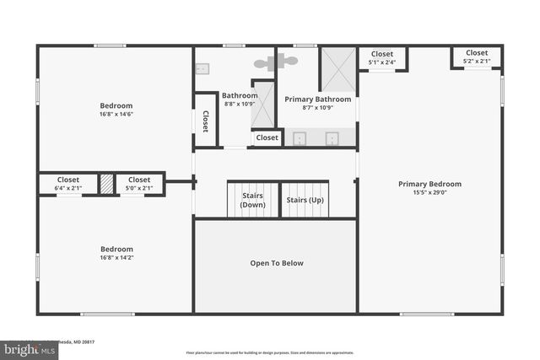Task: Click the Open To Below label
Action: pyautogui.click(x=276, y=263)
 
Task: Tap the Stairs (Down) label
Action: pyautogui.click(x=252, y=201)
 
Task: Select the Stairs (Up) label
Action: pyautogui.click(x=305, y=201)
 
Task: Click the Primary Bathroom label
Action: pyautogui.click(x=317, y=99)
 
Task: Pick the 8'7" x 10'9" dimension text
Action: pyautogui.click(x=317, y=108)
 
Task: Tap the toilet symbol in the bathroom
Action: pyautogui.click(x=276, y=62)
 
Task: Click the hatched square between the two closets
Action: pyautogui.click(x=106, y=184)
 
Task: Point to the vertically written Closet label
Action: pyautogui.click(x=205, y=122)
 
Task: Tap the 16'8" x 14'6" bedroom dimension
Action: pyautogui.click(x=116, y=114)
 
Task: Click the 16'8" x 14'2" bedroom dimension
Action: pyautogui.click(x=116, y=258)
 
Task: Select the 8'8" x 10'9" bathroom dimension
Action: pyautogui.click(x=240, y=105)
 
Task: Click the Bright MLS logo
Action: pyautogui.click(x=25, y=347)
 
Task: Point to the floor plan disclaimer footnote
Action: pyautogui.click(x=270, y=352)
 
